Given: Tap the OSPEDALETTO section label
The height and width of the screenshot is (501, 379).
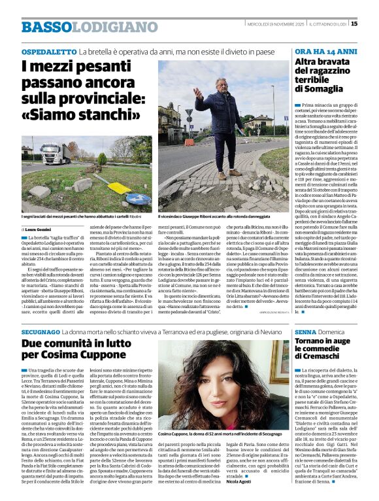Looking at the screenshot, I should [x=48, y=51].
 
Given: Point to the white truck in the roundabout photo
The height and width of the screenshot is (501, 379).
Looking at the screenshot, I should [x=56, y=153].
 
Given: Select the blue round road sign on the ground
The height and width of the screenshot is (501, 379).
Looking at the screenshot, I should [x=138, y=198].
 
